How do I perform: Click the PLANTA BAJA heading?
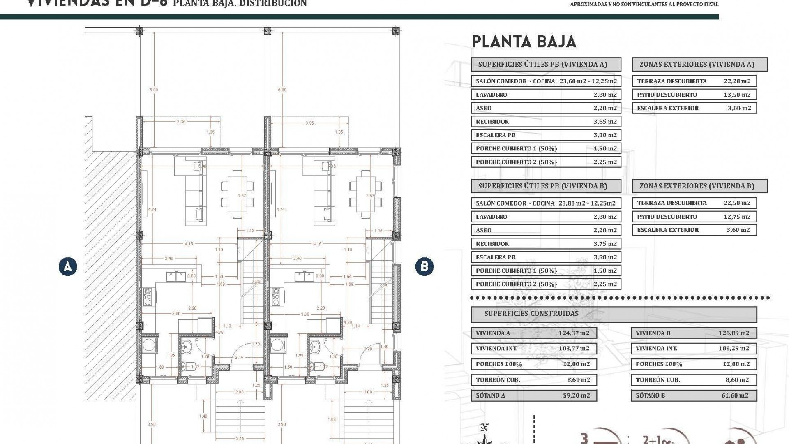point(524,42)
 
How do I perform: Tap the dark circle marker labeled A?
point(68,266)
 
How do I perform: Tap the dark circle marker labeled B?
point(424,266)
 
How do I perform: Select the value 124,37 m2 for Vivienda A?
point(574,333)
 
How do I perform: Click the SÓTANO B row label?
point(650,395)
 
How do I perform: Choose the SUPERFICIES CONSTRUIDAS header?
point(531,314)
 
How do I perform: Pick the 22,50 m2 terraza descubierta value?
point(737,203)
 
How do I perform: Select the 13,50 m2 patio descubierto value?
point(737,95)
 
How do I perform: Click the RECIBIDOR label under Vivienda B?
point(492,243)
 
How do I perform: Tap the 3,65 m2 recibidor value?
point(605,122)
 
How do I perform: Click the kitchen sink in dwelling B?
point(304,276)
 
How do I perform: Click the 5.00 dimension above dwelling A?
point(154,90)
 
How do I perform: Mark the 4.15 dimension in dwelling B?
point(317,244)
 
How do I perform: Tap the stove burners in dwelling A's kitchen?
point(148,296)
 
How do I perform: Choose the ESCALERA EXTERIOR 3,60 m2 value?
point(738,230)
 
